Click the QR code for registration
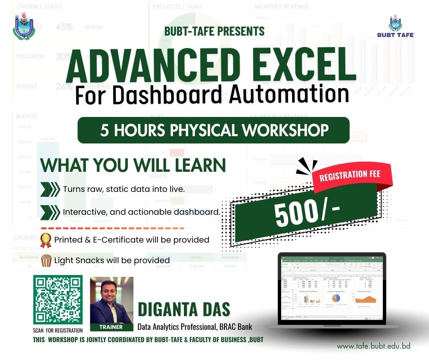click(58, 300)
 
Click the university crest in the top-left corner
click(23, 26)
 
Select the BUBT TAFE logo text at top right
click(396, 35)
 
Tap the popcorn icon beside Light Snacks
click(46, 260)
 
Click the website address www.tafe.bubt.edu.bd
click(373, 346)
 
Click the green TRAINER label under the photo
click(112, 327)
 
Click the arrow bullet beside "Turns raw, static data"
click(50, 189)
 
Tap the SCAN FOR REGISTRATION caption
click(58, 330)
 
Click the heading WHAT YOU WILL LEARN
click(133, 165)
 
